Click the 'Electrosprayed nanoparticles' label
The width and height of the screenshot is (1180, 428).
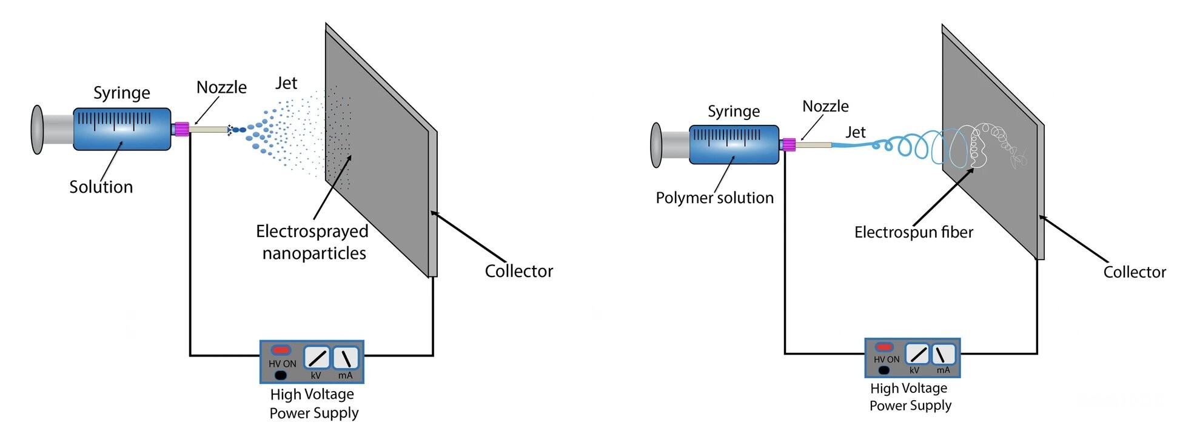312,242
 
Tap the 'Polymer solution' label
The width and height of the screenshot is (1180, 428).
714,198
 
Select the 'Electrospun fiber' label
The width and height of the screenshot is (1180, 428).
913,232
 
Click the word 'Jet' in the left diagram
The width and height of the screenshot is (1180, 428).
286,83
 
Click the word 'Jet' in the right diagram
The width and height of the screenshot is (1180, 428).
856,132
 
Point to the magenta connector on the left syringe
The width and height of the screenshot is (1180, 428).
181,129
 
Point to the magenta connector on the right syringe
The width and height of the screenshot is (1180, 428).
788,145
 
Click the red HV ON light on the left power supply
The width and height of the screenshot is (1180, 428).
281,350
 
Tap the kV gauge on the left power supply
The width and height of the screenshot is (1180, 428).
317,358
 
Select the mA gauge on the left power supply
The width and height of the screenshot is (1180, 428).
346,358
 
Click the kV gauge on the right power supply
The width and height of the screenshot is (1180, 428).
917,353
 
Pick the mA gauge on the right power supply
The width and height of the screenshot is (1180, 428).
943,353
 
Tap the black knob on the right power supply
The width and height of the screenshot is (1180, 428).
883,370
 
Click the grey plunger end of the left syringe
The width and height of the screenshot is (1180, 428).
38,130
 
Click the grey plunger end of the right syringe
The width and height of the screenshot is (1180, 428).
655,145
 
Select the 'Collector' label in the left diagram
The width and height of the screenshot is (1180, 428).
518,271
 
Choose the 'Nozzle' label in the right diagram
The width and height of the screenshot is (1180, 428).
825,107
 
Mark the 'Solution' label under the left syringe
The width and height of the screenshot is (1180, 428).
101,187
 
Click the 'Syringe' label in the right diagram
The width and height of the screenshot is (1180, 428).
733,112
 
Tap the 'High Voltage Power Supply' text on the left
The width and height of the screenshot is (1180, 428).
313,404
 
